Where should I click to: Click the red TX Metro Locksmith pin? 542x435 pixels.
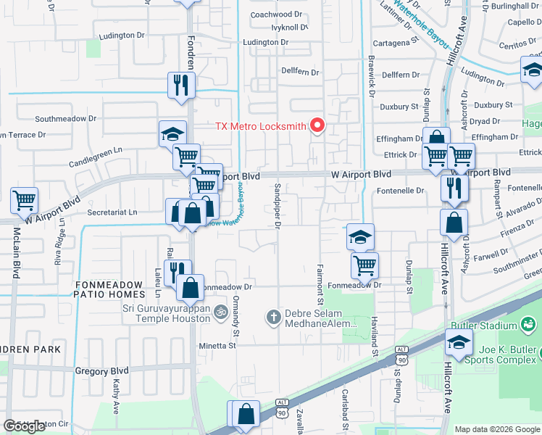[x=317, y=125]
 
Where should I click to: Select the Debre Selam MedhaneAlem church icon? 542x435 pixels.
[x=273, y=316]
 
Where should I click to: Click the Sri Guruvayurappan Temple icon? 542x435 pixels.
[x=220, y=311]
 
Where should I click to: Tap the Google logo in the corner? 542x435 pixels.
[x=25, y=426]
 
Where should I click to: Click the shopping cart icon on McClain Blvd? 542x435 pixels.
[x=25, y=199]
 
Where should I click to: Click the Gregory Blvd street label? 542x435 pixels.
[x=101, y=370]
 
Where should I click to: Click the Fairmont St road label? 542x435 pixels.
[x=320, y=284]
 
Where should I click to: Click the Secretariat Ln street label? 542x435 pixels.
[x=112, y=212]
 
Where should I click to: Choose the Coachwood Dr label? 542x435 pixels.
[x=275, y=14]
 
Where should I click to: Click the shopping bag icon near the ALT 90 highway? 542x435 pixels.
[x=246, y=414]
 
